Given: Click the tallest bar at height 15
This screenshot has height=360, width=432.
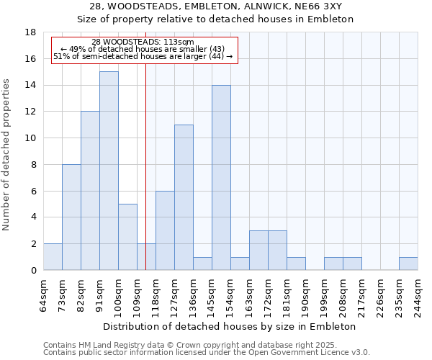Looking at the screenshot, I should click(x=109, y=171).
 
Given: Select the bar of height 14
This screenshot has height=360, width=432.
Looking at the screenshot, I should click(x=221, y=177).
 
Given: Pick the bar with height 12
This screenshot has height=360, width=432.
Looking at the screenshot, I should click(x=90, y=191).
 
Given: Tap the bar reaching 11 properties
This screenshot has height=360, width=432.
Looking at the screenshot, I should click(x=184, y=197).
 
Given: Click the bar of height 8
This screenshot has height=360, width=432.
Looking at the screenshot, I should click(x=71, y=217).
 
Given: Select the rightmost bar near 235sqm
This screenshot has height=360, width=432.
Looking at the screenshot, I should click(x=408, y=264).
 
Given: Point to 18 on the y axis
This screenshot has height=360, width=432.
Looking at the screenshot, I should click(x=30, y=32).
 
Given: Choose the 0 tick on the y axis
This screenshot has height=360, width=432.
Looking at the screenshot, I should click(x=33, y=270).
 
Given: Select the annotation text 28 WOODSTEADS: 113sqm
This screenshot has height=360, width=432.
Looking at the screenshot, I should click(x=143, y=42).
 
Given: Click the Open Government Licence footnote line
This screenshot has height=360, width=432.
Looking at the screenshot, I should click(x=207, y=352).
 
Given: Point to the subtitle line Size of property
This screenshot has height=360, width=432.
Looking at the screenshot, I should click(x=215, y=19).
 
